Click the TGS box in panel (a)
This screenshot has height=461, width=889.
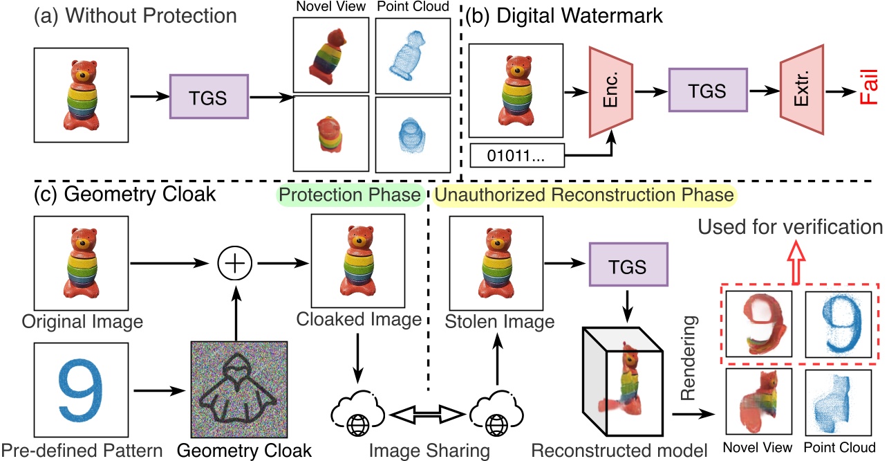click(209, 96)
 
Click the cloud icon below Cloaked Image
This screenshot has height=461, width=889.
click(357, 415)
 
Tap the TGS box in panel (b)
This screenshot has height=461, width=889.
click(709, 91)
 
